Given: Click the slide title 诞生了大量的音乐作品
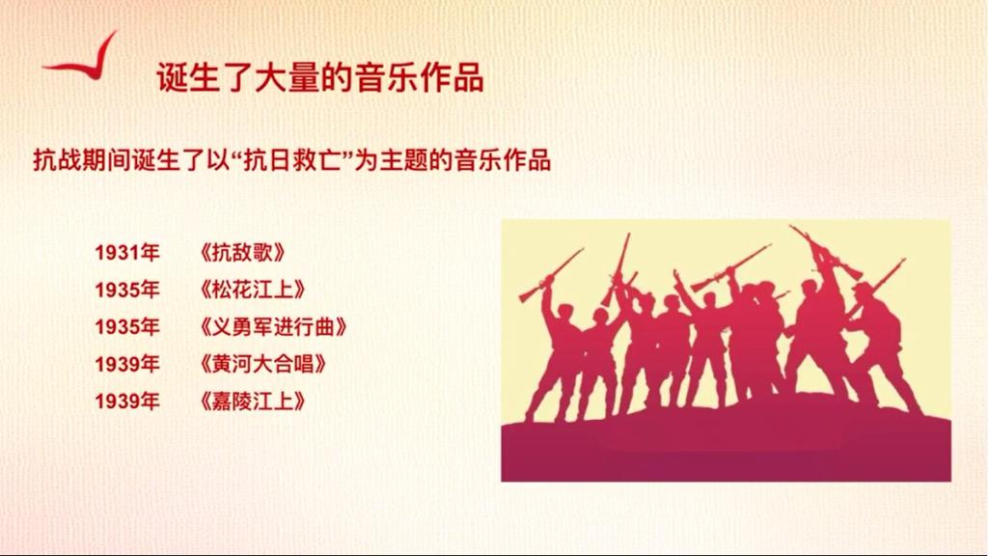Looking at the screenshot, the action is (320, 77).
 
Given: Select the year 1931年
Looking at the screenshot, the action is (127, 253).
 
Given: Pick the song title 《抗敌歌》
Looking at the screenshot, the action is (242, 253).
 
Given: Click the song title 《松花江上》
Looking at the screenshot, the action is (253, 290).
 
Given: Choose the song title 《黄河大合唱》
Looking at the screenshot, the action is (262, 364).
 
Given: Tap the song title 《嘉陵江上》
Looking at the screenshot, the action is (253, 401).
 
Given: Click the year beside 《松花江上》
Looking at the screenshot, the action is (127, 290).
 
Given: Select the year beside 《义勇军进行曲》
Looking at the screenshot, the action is (127, 327).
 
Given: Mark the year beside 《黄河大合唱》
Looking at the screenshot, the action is (127, 364).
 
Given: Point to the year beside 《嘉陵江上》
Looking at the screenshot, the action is (127, 401).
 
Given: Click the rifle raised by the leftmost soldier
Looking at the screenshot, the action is (551, 275).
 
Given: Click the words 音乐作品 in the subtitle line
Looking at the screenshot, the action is (502, 160).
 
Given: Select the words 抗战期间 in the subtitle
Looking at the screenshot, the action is (82, 160).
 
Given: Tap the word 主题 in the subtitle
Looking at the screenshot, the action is (403, 160).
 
